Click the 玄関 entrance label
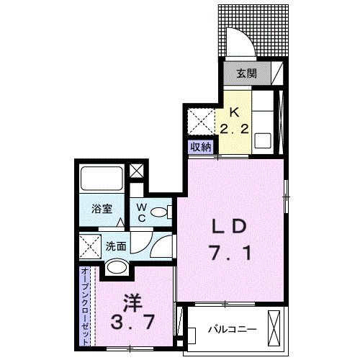247,73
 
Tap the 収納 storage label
201,147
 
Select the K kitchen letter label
234,112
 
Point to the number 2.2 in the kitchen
234,130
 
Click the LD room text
229,228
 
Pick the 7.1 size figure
231,253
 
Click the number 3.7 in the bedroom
132,322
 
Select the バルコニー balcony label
233,329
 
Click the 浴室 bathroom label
102,209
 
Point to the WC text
142,212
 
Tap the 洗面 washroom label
116,246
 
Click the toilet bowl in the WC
158,212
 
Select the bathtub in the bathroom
102,179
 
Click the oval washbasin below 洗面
117,267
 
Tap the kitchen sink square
263,141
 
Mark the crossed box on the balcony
274,328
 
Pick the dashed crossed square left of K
201,122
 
